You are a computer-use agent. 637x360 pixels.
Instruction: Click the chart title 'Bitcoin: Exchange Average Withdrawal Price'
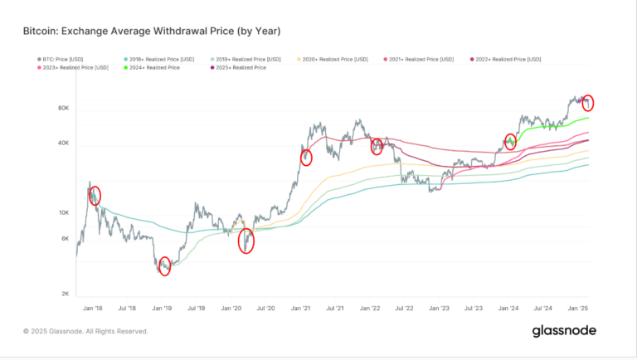152,32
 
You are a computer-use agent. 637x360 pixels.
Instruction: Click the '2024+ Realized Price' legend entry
155,67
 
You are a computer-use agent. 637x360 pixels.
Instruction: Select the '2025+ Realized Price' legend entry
236,67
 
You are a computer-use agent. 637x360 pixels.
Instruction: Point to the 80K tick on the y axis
62,109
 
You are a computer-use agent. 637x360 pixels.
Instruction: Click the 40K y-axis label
62,144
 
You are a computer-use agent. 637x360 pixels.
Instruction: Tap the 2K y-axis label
64,294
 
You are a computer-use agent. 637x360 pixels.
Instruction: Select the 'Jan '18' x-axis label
92,307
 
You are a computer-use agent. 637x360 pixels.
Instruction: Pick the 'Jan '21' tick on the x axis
300,307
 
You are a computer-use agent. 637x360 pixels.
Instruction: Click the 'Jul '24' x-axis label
543,307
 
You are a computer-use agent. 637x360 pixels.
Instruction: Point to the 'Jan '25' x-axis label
577,307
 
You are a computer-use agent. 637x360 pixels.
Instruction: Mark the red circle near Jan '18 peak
95,196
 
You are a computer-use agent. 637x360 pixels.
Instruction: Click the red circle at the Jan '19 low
164,266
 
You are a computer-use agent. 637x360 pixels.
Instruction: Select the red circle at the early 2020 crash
246,241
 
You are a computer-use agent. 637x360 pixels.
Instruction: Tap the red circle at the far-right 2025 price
588,103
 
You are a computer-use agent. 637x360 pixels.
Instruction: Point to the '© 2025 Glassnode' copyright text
85,331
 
